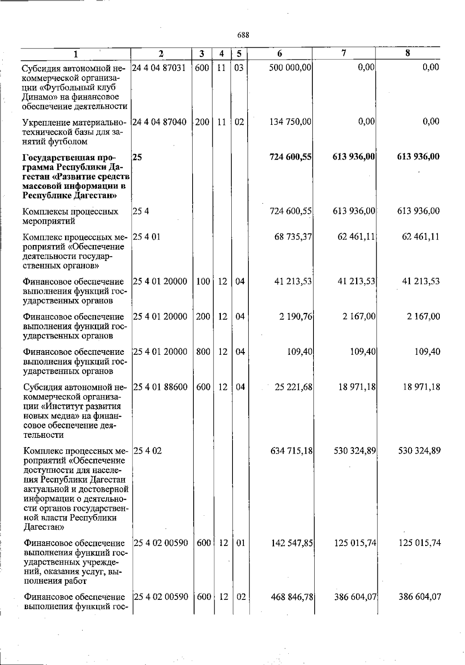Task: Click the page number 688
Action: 243,35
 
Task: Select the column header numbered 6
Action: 279,54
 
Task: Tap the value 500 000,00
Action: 291,67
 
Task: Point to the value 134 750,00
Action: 291,122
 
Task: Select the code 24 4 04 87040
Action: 159,122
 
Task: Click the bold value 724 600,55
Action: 291,157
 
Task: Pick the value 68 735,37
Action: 293,237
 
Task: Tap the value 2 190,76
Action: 296,317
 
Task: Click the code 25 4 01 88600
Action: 160,387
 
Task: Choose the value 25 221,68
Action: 293,387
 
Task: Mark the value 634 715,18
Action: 291,451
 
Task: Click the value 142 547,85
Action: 291,543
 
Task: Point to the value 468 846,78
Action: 291,597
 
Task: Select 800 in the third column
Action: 203,352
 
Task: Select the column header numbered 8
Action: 407,53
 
